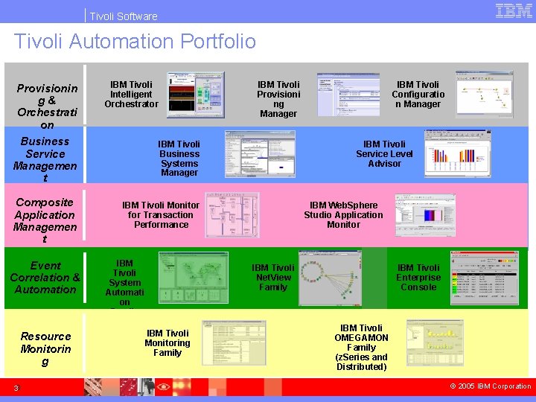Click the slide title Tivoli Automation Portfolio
(135, 41)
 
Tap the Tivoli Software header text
(124, 16)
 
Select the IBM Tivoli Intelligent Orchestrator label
(131, 95)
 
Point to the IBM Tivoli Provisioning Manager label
(278, 99)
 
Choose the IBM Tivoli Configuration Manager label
(418, 95)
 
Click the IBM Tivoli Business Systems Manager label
(179, 158)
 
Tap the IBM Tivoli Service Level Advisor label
(384, 153)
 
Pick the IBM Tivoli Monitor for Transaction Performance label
(161, 214)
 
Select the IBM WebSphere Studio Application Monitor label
(343, 214)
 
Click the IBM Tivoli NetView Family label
(273, 277)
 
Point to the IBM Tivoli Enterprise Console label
(418, 277)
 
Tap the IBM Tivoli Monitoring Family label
(167, 342)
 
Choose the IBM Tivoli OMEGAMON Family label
(361, 347)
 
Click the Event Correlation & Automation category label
(45, 277)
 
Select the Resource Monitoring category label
(45, 348)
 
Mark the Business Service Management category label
(45, 159)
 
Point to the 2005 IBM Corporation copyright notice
(491, 386)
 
